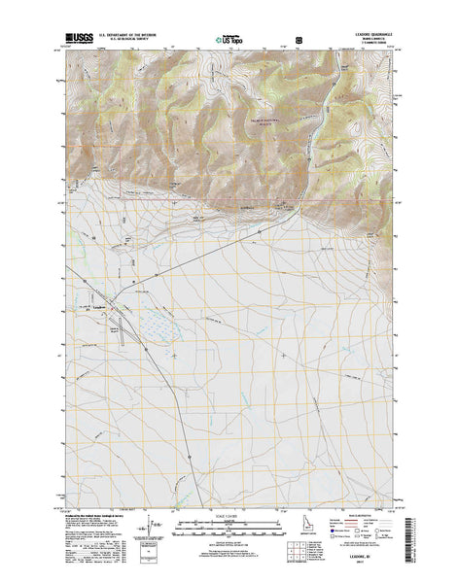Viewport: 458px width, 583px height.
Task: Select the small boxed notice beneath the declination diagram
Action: pos(156,560)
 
